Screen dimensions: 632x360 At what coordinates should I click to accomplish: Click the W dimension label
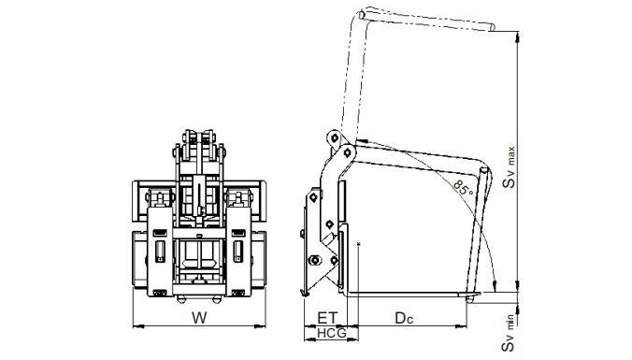pyautogui.click(x=199, y=318)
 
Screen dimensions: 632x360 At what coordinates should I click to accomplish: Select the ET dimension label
pyautogui.click(x=326, y=318)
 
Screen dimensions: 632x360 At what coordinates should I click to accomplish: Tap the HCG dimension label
pyautogui.click(x=331, y=334)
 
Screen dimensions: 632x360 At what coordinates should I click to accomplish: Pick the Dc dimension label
pyautogui.click(x=404, y=318)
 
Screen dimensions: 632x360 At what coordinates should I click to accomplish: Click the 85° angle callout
pyautogui.click(x=463, y=187)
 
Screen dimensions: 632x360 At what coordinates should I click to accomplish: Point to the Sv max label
pyautogui.click(x=510, y=167)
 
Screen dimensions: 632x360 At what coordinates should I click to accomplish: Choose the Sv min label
pyautogui.click(x=510, y=333)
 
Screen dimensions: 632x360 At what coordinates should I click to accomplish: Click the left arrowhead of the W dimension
pyautogui.click(x=137, y=326)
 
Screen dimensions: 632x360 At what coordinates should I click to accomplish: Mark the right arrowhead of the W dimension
pyautogui.click(x=261, y=326)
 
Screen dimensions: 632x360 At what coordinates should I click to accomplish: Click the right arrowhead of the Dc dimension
pyautogui.click(x=462, y=326)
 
